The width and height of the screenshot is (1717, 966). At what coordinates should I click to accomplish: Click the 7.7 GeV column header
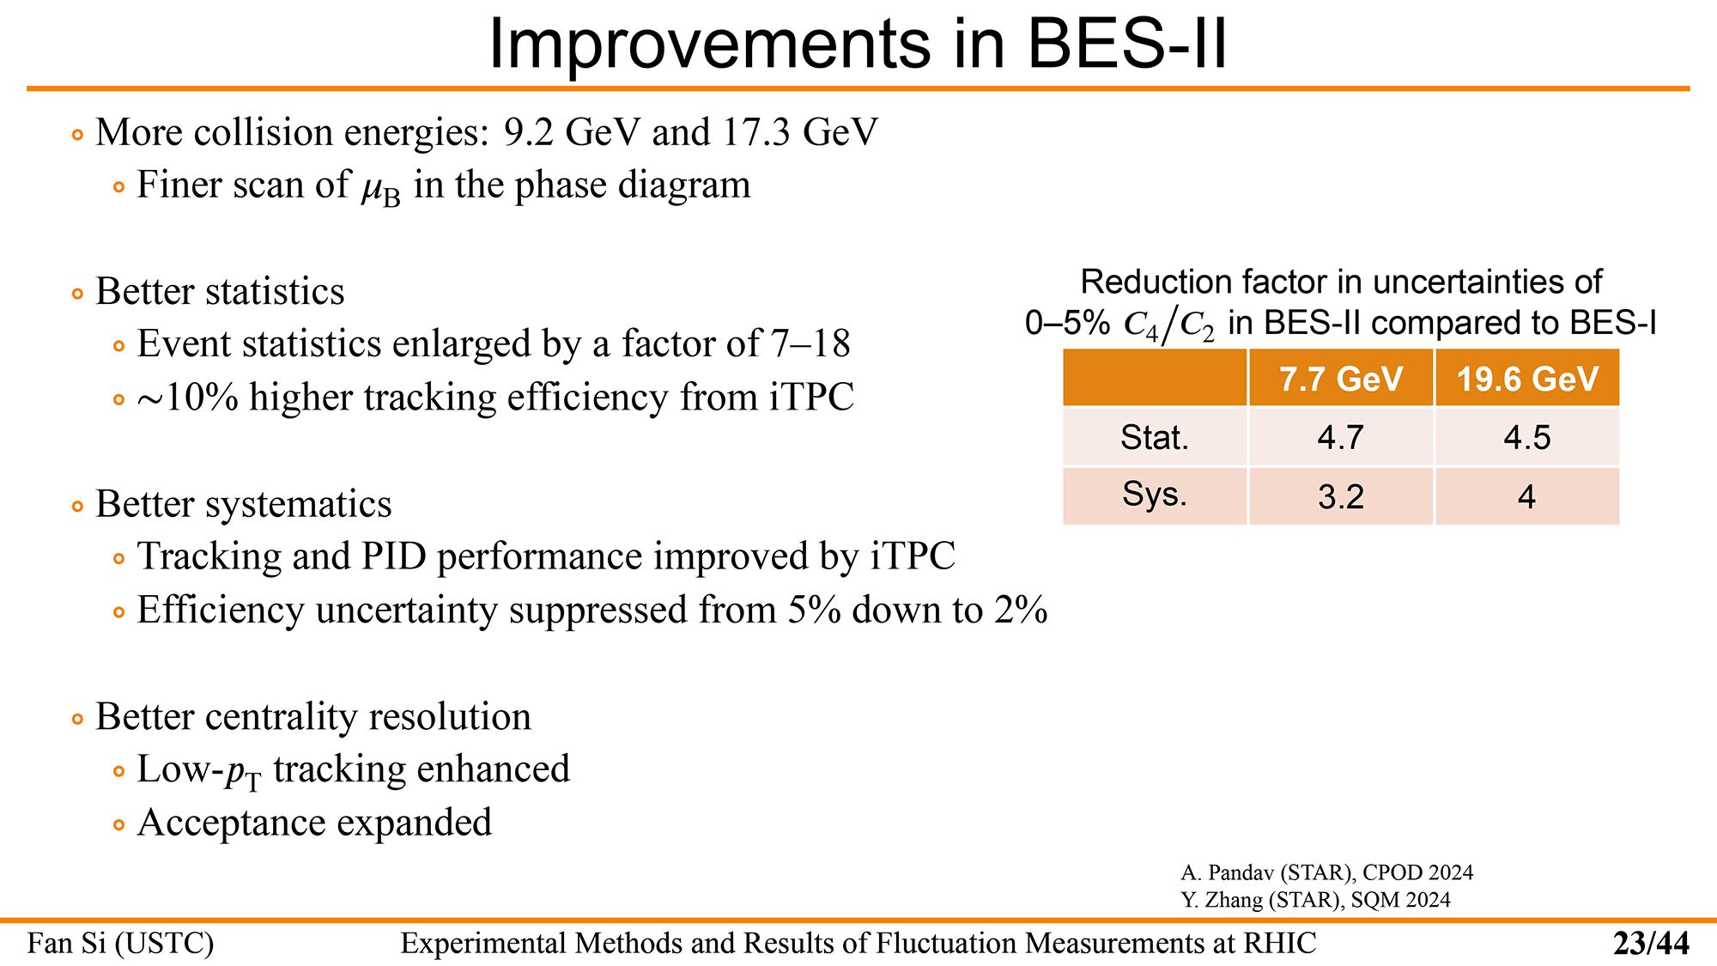click(1341, 379)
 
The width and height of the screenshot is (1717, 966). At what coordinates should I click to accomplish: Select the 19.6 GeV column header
click(1527, 379)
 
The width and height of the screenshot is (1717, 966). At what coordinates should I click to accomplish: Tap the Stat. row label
click(1155, 438)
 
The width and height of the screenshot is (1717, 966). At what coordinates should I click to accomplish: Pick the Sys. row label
click(1155, 495)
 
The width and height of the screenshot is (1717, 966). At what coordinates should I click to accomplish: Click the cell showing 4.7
click(1341, 438)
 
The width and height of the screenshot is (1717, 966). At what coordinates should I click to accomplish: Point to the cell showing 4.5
click(1527, 438)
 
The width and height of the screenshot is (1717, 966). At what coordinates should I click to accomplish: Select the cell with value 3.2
click(1341, 497)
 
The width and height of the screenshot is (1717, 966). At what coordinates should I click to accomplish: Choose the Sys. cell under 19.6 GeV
click(1526, 497)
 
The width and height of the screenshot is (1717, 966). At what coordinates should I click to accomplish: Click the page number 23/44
click(1651, 944)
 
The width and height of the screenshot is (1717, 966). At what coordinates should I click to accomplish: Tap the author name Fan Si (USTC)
click(120, 944)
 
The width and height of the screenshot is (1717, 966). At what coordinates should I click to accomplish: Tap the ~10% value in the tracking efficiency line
click(187, 398)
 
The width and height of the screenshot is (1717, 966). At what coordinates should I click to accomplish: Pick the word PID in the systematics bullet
click(394, 556)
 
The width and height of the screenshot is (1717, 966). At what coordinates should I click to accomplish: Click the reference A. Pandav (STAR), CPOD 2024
click(1326, 873)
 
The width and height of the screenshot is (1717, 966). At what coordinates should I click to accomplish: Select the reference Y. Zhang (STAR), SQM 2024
click(1315, 900)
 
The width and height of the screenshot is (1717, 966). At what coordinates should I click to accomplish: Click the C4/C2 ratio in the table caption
click(1169, 325)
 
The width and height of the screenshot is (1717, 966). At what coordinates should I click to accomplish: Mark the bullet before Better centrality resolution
click(78, 719)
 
